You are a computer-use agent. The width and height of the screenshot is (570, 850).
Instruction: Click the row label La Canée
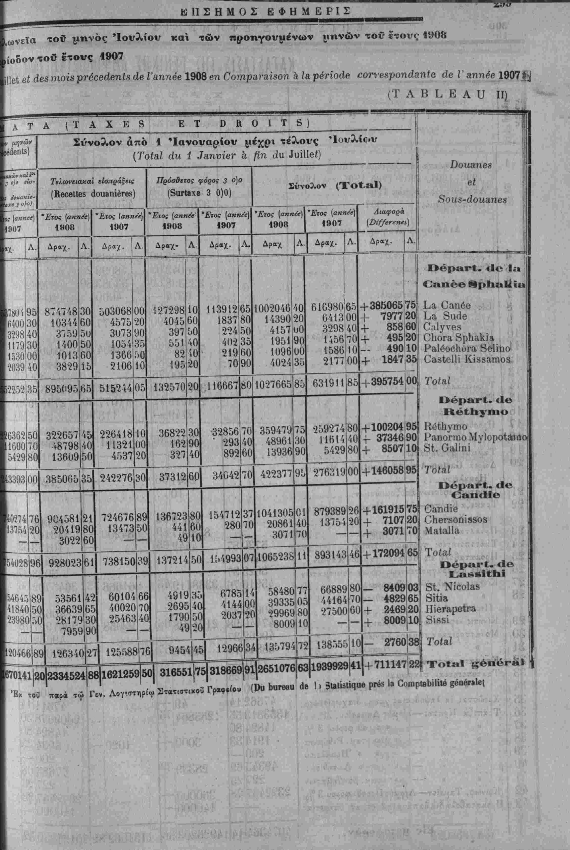tap(447, 305)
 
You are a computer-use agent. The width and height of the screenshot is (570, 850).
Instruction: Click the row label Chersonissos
tap(455, 519)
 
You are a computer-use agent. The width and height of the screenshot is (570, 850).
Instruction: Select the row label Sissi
tap(437, 619)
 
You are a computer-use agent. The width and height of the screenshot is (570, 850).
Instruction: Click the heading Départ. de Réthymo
tap(475, 406)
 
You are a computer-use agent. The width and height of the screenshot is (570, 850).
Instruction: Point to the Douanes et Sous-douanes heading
tap(471, 182)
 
